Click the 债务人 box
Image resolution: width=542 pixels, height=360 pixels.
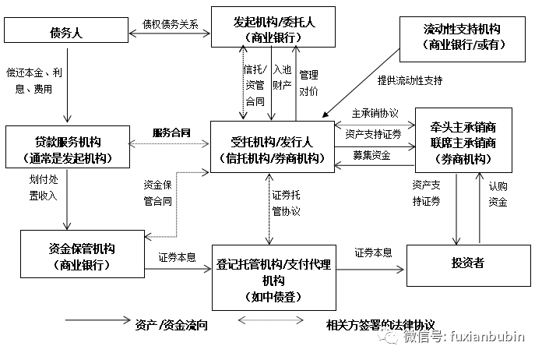(x=65, y=31)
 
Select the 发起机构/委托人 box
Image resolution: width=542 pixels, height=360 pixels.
(x=273, y=27)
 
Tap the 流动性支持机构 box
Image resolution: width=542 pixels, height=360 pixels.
(x=462, y=37)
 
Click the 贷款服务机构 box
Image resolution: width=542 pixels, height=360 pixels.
(x=68, y=150)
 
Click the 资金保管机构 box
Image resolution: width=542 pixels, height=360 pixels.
(x=76, y=257)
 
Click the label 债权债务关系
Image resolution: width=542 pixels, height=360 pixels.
(x=171, y=24)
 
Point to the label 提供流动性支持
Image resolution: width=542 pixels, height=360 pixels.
(x=409, y=79)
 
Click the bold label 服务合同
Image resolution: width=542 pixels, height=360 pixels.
(x=171, y=132)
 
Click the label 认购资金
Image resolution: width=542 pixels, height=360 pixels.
(x=498, y=195)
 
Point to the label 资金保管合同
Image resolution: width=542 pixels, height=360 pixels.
(x=157, y=192)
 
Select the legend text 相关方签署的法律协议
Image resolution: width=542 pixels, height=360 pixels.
(x=382, y=323)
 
